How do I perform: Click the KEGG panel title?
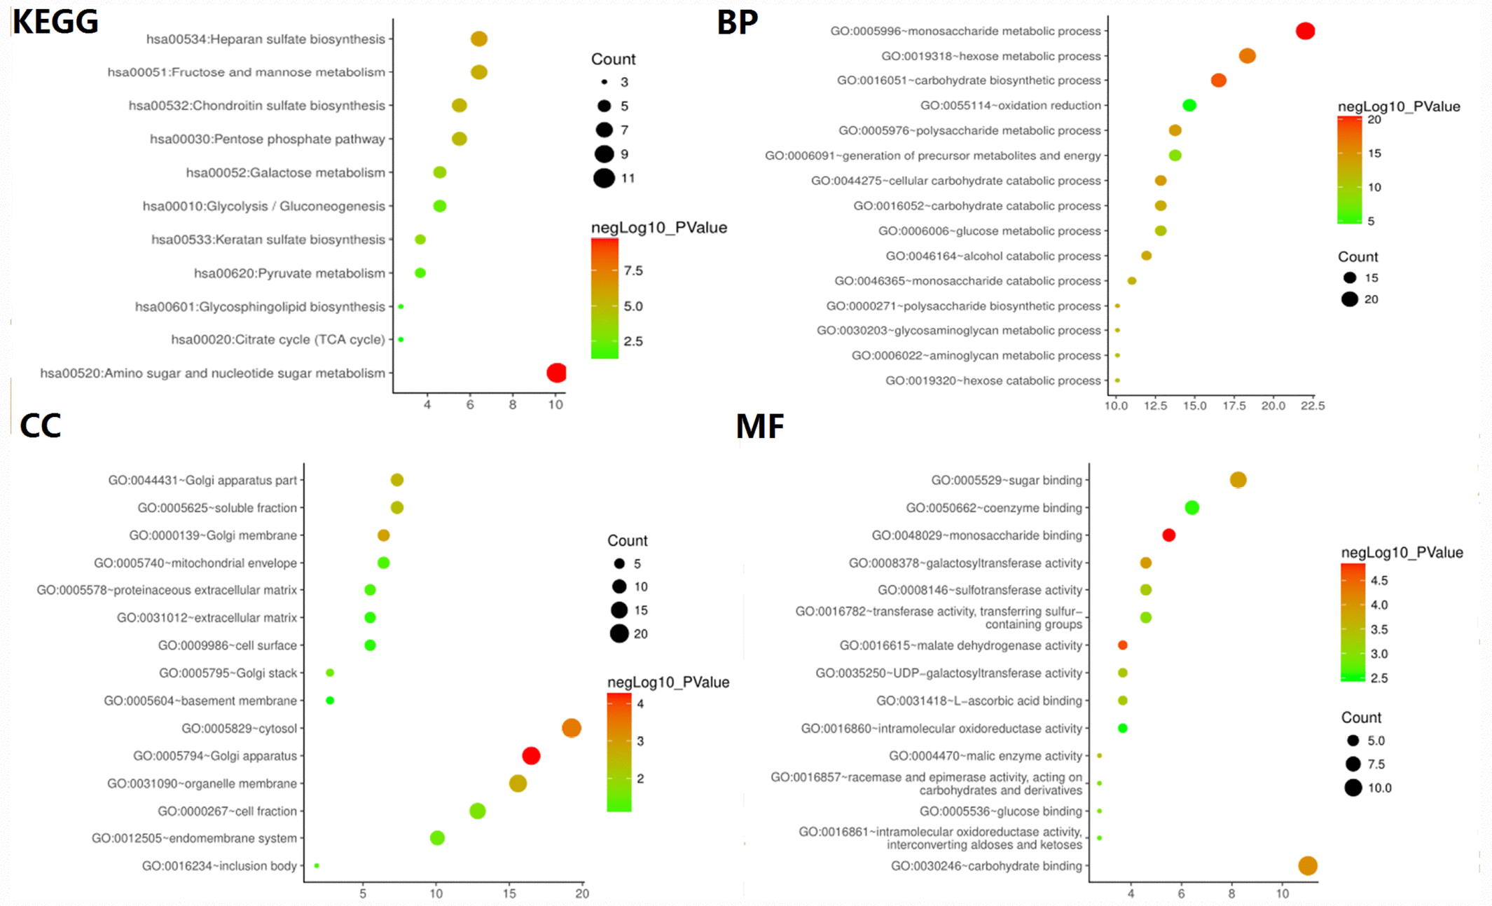pos(56,22)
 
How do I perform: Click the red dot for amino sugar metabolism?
pos(556,373)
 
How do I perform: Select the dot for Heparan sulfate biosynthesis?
pos(479,39)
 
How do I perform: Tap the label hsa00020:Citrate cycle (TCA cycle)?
pos(278,340)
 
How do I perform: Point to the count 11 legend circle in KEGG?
pos(604,178)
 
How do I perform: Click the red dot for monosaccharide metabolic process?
pos(1305,31)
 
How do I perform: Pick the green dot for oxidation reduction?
pos(1189,106)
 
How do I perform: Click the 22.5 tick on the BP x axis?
pos(1313,406)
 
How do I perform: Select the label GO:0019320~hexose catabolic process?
pos(993,380)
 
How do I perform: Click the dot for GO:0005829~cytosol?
pos(572,728)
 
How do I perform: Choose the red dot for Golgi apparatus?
pos(531,755)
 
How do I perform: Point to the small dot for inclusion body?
pos(317,866)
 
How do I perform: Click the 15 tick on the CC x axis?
pos(509,893)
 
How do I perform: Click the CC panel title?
pos(41,426)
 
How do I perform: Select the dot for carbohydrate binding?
pos(1308,866)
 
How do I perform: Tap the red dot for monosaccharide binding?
pos(1168,535)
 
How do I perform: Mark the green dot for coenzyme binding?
pos(1191,507)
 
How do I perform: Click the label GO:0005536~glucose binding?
pos(1000,811)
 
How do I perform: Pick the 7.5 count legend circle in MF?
pos(1353,764)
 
